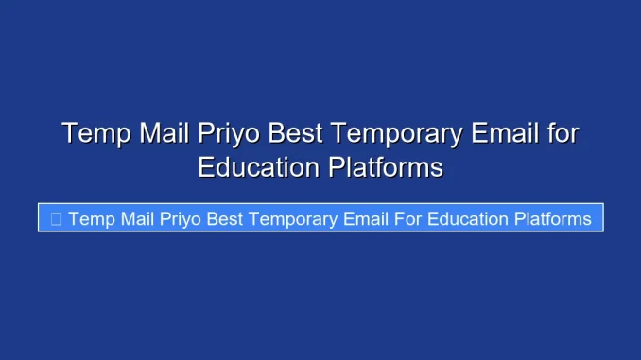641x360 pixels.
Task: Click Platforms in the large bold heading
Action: coord(386,167)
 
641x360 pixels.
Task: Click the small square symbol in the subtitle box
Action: coord(56,219)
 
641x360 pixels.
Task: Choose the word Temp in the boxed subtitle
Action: coord(91,219)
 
